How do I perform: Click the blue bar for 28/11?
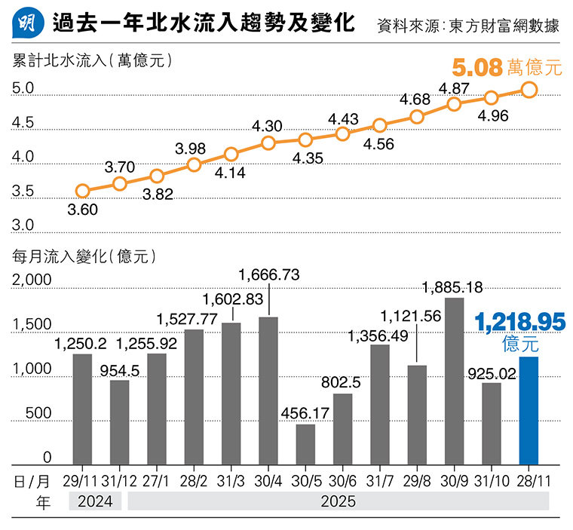(x=529, y=411)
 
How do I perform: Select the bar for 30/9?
(x=454, y=381)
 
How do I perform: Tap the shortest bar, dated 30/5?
(x=305, y=444)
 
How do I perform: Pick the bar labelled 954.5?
(x=119, y=422)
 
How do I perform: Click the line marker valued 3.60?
(x=83, y=191)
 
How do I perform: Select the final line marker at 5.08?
(x=529, y=90)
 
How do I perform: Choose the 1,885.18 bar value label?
(x=452, y=287)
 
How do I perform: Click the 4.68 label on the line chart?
(x=415, y=100)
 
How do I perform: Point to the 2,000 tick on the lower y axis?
(x=32, y=280)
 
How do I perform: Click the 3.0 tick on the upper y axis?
(x=23, y=225)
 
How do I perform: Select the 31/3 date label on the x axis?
(x=231, y=480)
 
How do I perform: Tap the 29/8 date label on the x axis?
(x=417, y=480)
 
